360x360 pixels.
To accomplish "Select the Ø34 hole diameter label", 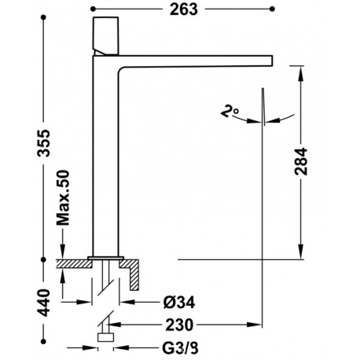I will click(181, 299).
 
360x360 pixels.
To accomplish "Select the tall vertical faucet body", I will click(106, 157).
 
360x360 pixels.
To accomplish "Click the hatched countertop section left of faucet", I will click(75, 265).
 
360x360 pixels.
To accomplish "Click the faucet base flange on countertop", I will click(106, 257).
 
